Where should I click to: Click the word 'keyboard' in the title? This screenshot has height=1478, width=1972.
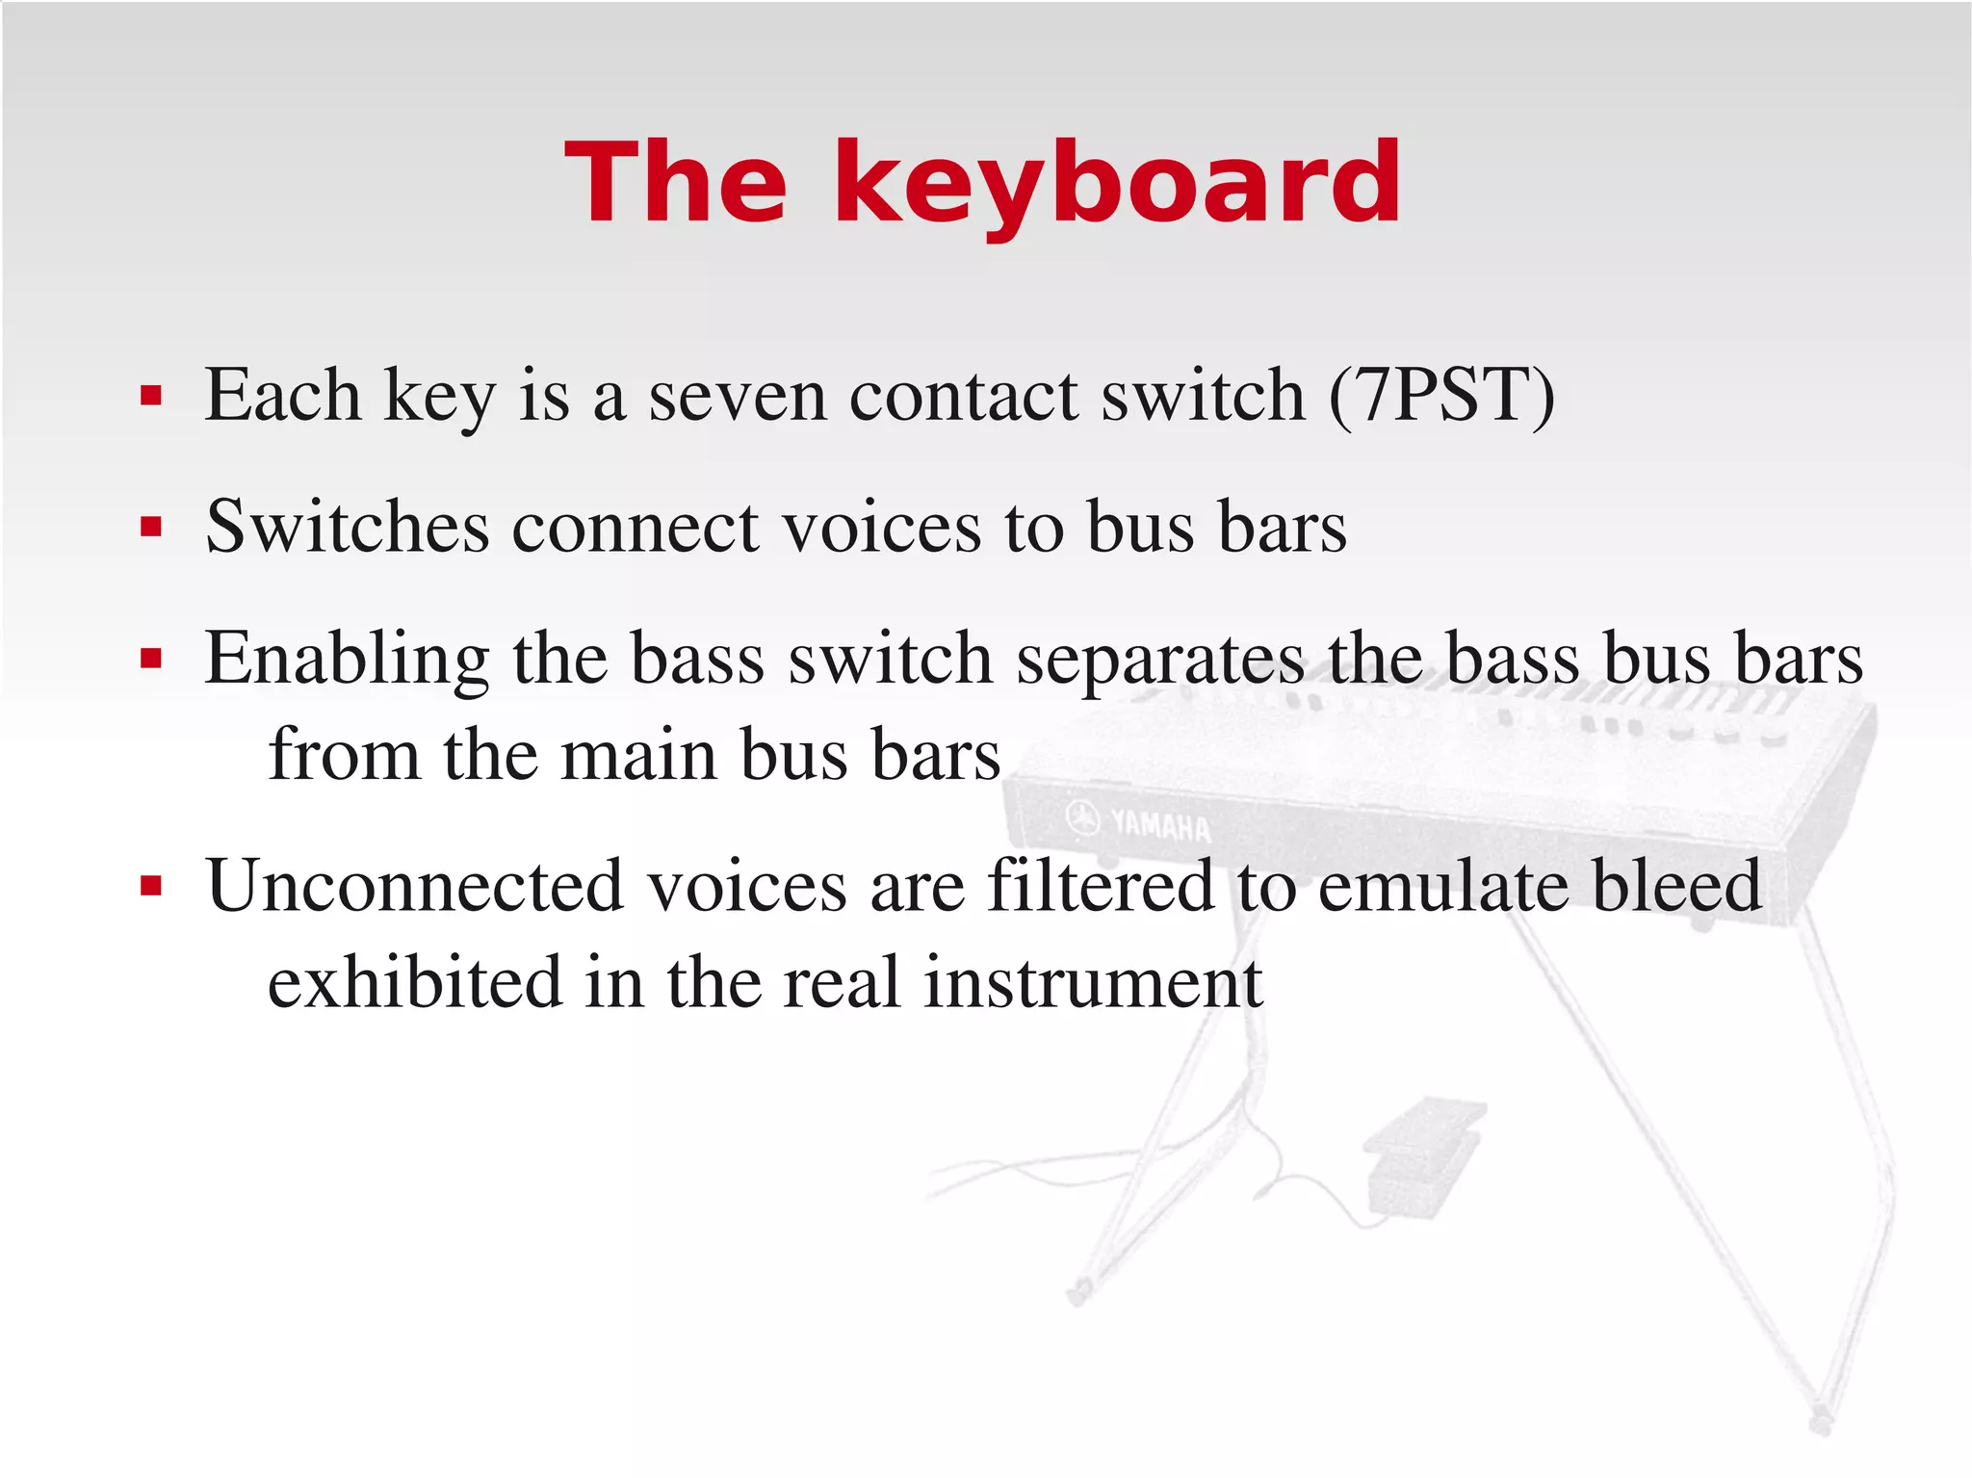coord(1117,183)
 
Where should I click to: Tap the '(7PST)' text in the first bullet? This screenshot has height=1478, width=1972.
coord(1441,396)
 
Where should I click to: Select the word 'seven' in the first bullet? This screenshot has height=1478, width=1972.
coord(738,398)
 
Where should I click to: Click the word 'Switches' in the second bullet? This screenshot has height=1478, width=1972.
coord(348,528)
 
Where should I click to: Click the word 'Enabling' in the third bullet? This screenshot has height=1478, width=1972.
coord(347,661)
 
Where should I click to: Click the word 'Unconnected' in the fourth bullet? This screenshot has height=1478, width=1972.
coord(415,886)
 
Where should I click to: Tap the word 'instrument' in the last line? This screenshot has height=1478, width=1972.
coord(1093,984)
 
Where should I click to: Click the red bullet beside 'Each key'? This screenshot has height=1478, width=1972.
coord(151,396)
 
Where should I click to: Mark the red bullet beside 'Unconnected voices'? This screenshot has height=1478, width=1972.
coord(151,886)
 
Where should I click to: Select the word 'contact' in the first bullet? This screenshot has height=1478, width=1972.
coord(963,398)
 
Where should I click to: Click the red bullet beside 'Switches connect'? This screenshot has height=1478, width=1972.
coord(151,528)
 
